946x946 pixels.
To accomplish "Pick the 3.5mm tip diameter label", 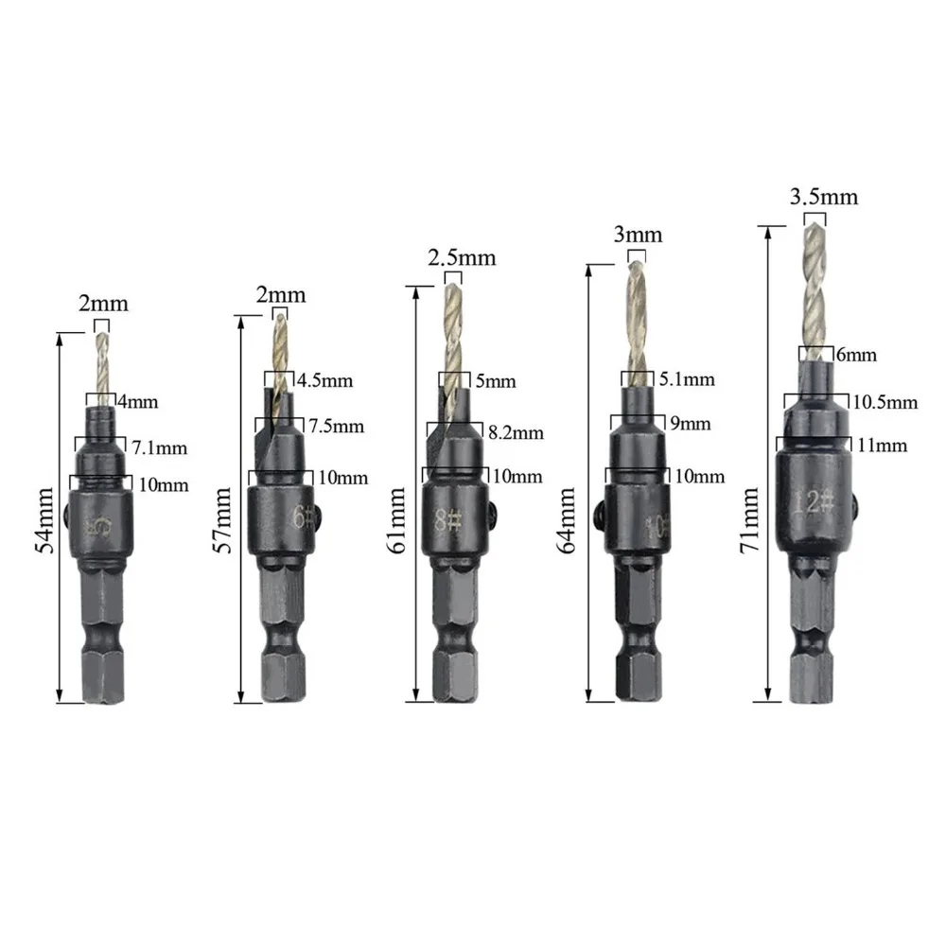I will (x=823, y=197).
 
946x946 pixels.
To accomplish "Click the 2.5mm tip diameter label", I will (x=462, y=257).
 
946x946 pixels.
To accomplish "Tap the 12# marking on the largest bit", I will (x=814, y=500).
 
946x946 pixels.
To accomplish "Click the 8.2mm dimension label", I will (x=516, y=433).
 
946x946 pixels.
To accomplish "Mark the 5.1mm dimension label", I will (x=686, y=379).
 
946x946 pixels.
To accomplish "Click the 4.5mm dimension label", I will (x=325, y=381).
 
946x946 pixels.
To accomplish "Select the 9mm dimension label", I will (x=690, y=423).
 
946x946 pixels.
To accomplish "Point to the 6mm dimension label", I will (x=856, y=356).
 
